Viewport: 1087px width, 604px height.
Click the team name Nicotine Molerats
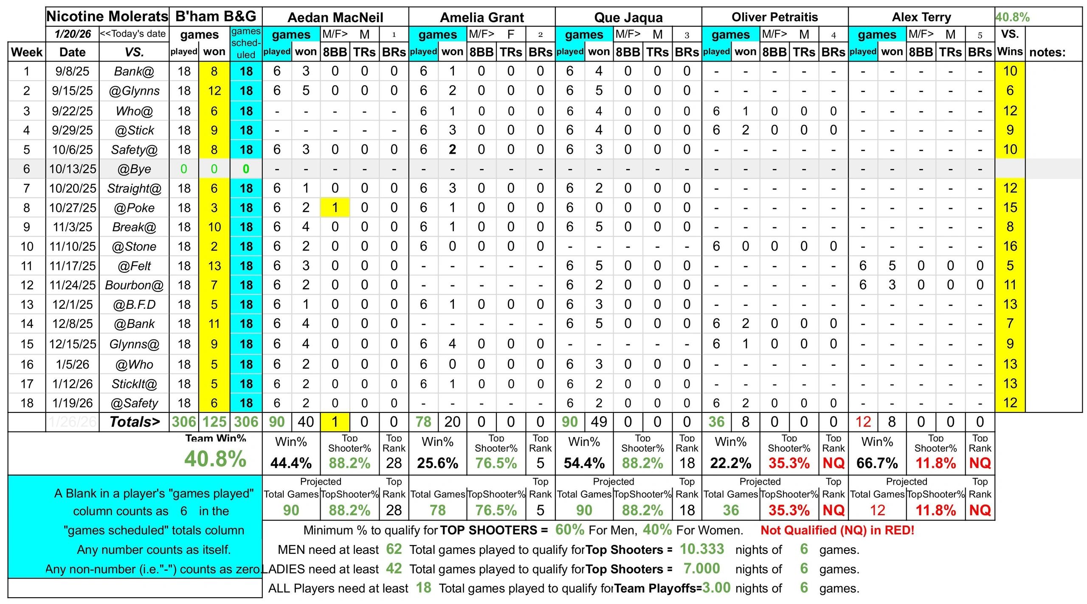click(x=107, y=17)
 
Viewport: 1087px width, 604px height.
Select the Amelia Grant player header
click(x=482, y=17)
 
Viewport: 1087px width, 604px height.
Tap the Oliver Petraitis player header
click(x=774, y=17)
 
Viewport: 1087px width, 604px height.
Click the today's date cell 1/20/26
click(x=73, y=34)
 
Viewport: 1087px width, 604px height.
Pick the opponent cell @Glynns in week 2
click(x=134, y=91)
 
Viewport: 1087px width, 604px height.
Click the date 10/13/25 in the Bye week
click(x=73, y=169)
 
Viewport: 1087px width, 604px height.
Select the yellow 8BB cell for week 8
click(x=335, y=208)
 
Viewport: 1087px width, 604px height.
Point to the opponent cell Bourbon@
click(x=134, y=285)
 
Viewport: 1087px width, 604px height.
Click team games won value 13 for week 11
click(x=214, y=266)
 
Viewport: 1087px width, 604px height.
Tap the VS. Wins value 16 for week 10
click(x=1010, y=246)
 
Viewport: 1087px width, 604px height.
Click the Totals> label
click(x=135, y=422)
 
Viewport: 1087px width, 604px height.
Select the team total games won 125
click(x=214, y=422)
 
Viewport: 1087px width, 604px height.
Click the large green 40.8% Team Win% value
click(x=215, y=459)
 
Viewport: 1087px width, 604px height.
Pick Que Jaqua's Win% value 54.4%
click(x=584, y=463)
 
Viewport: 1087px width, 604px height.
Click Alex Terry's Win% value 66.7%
click(x=877, y=463)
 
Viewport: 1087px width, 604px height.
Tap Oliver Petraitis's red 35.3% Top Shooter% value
click(x=789, y=463)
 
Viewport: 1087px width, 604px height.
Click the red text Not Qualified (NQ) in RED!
click(x=837, y=530)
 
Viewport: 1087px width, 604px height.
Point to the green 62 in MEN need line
click(x=394, y=549)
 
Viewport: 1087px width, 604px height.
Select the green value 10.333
click(x=702, y=549)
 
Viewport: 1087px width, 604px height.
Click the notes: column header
click(x=1047, y=52)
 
